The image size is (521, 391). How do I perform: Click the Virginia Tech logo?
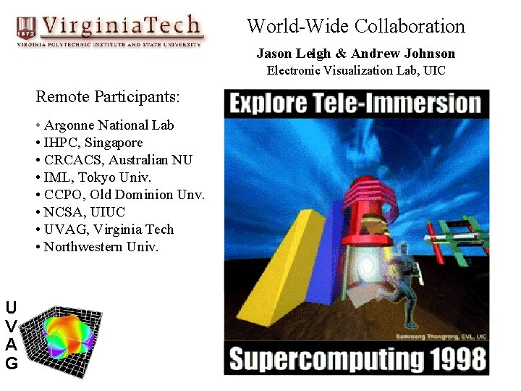(x=110, y=30)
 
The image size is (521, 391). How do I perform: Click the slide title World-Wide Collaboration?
(x=355, y=27)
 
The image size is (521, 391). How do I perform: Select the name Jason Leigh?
(x=292, y=54)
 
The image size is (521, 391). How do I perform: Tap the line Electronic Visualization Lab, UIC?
(x=355, y=70)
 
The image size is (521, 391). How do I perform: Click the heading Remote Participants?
(x=108, y=96)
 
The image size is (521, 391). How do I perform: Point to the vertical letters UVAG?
(x=11, y=335)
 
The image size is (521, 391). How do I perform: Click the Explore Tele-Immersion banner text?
(x=356, y=103)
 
